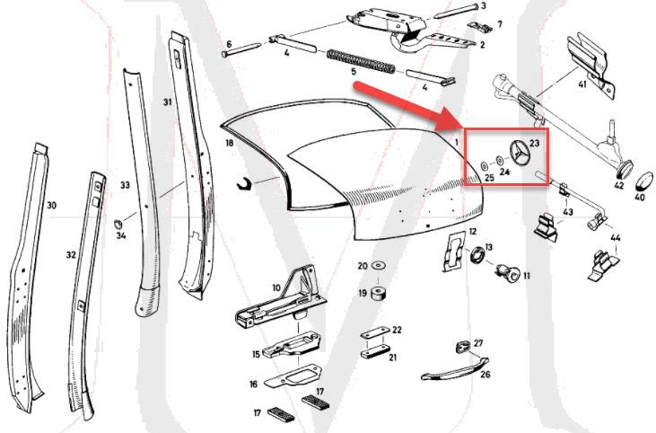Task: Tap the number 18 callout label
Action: [229, 143]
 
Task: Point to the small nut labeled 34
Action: [119, 222]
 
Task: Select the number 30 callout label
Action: [51, 206]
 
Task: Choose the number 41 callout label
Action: [582, 84]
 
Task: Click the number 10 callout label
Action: [276, 287]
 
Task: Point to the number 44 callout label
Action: [615, 238]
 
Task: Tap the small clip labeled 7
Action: [482, 25]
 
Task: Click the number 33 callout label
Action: [125, 184]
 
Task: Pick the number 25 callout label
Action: [489, 178]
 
